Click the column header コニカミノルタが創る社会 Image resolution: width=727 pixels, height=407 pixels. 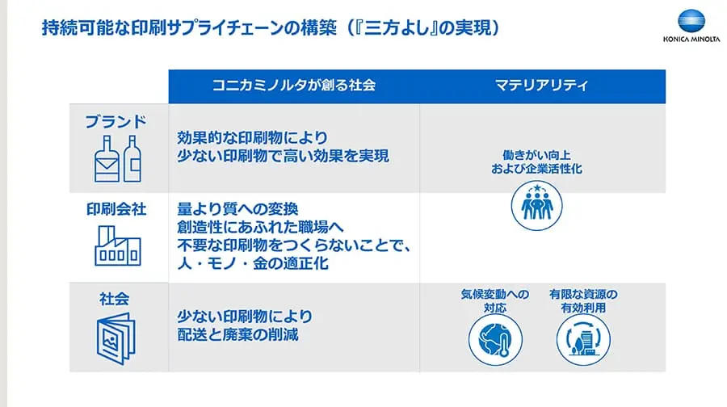(294, 85)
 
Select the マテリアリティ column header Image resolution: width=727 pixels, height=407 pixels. (542, 85)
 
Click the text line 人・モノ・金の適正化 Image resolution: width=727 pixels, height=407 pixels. (253, 263)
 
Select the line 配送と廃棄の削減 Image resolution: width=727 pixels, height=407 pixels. (237, 334)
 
